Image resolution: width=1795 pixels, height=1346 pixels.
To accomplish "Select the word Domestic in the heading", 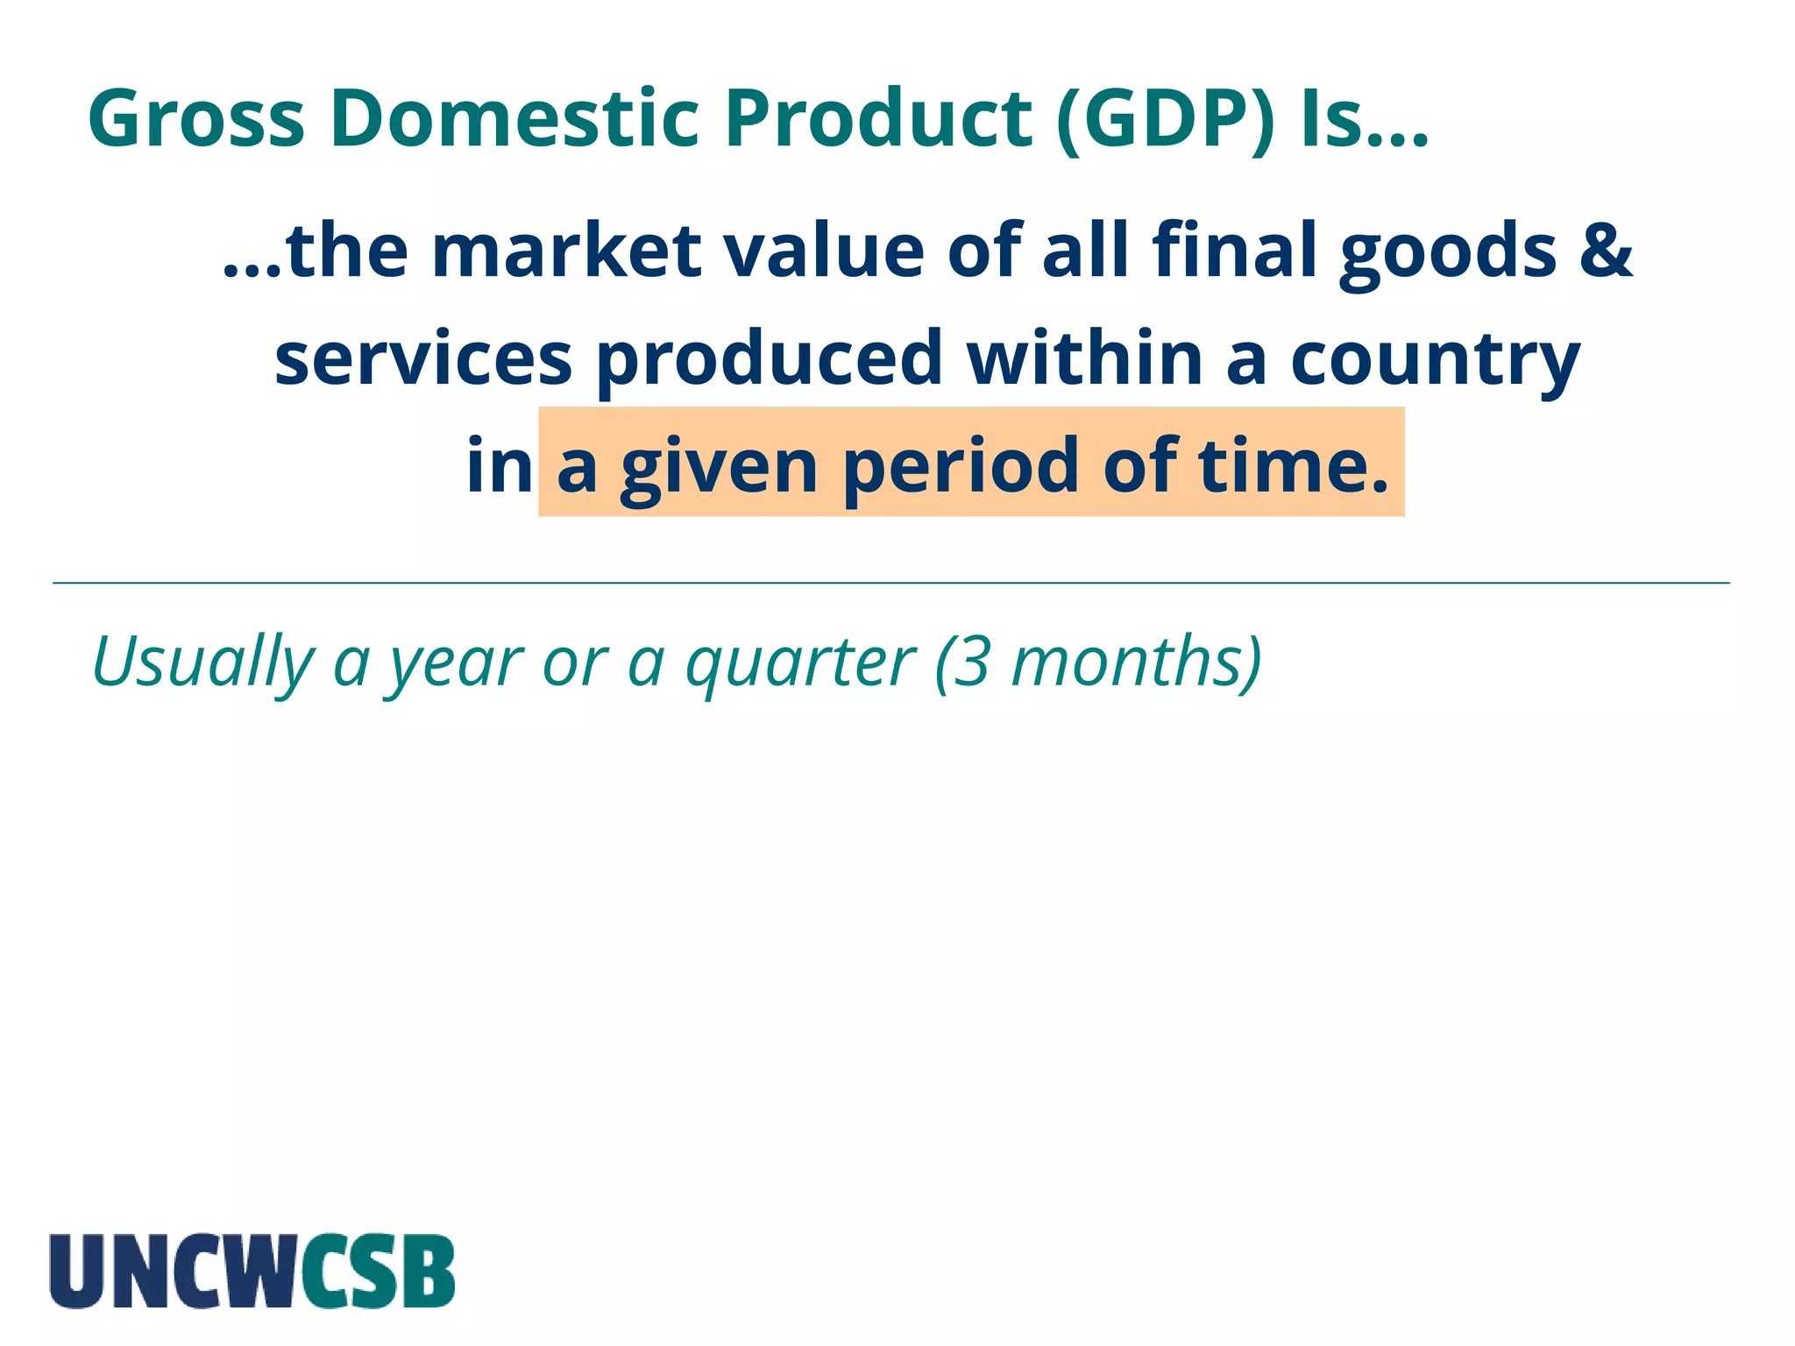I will coord(514,119).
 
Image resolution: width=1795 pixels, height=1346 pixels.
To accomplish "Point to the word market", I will coord(566,251).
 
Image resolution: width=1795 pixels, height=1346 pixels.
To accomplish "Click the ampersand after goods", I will coord(1607,251).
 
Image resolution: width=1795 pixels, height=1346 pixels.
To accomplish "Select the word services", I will coord(423,359).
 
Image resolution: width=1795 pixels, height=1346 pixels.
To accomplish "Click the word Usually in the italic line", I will coord(202,662).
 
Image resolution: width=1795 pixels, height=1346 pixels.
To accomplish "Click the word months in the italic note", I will coord(1127,662).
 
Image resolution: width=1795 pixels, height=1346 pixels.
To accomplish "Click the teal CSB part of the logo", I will coord(378,1272).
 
